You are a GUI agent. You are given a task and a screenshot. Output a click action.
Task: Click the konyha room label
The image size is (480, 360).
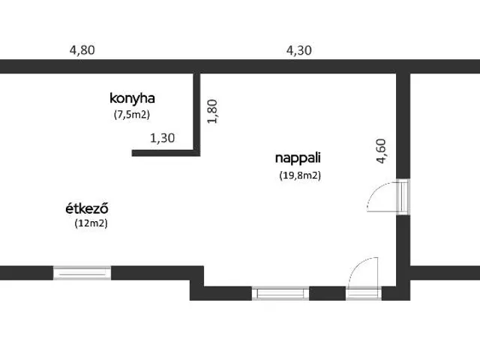pos(132,98)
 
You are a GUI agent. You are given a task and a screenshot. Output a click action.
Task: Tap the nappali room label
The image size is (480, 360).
pos(298,158)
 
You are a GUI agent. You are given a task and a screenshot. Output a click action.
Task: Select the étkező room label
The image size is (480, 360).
pos(87,208)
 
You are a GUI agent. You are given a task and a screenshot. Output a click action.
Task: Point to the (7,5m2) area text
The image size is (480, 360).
pos(132,115)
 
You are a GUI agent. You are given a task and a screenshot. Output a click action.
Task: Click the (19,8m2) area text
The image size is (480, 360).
pos(300,175)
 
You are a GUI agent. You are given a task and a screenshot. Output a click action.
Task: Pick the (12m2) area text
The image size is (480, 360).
pos(91,223)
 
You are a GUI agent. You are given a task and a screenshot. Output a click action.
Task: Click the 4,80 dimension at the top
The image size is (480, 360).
pos(82,50)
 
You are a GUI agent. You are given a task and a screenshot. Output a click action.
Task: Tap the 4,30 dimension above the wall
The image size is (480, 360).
pos(299,50)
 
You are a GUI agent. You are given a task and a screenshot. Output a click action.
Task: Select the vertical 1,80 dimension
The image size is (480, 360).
pos(212,112)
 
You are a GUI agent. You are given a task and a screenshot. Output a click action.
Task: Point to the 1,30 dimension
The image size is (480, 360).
pos(163,138)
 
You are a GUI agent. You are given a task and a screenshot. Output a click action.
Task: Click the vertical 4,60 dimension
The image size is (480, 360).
pos(382,151)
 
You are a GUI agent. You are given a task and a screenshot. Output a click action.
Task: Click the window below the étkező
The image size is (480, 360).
pos(82,273)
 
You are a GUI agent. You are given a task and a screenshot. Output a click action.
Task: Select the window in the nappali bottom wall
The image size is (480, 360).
pos(280,293)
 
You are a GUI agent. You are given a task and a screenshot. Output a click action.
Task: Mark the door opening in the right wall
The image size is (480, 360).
pos(403,196)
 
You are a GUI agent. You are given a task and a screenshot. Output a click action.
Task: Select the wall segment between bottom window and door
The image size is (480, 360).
pos(328,293)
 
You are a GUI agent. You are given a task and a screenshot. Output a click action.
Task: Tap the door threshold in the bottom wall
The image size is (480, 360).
pos(364,293)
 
